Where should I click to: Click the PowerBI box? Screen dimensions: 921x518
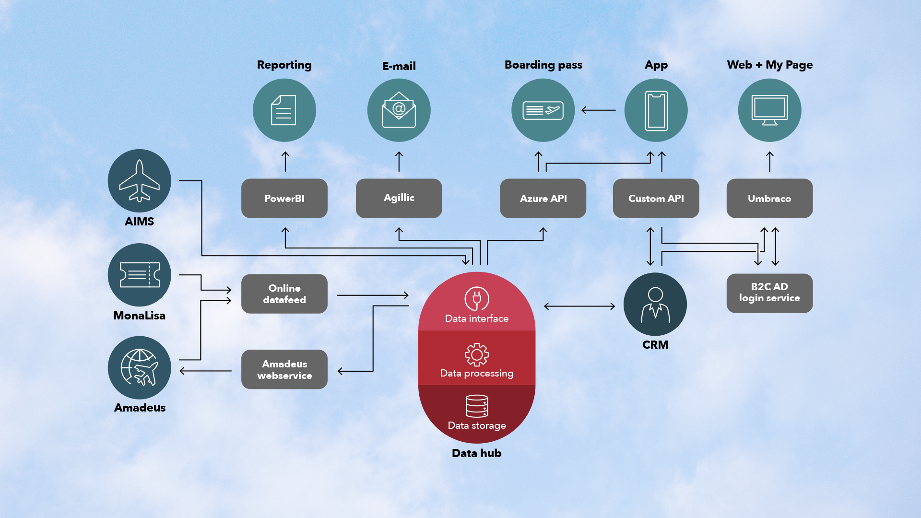click(x=284, y=198)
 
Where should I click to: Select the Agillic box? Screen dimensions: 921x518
click(x=399, y=198)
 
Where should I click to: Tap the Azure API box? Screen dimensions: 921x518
click(x=543, y=198)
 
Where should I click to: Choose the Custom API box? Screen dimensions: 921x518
click(x=656, y=198)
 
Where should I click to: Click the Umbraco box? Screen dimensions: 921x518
click(x=769, y=198)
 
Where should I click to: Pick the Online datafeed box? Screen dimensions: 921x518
click(x=284, y=294)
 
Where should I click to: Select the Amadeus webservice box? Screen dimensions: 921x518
click(x=284, y=369)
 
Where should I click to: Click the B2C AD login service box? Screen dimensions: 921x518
click(x=769, y=293)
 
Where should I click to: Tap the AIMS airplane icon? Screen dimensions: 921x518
click(x=139, y=180)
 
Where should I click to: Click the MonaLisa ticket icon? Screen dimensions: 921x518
click(x=139, y=275)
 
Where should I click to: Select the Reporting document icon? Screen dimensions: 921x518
click(x=284, y=110)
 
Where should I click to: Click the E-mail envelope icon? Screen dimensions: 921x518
click(x=399, y=110)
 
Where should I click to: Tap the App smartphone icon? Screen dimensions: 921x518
click(x=656, y=110)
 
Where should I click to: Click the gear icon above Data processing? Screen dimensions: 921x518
click(x=477, y=355)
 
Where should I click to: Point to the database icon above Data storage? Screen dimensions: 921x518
click(x=477, y=406)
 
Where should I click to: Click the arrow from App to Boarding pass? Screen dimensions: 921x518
click(x=599, y=110)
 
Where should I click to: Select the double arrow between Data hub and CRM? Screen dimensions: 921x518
click(x=579, y=306)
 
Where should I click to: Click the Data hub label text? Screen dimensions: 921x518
click(x=476, y=453)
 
